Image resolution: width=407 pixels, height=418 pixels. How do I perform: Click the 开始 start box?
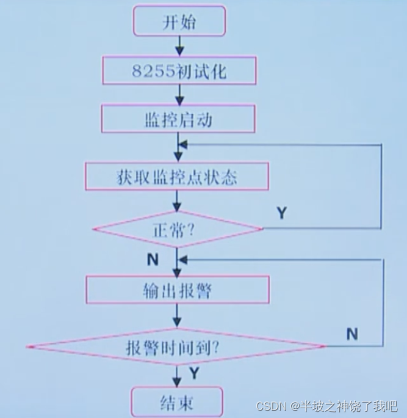(179, 23)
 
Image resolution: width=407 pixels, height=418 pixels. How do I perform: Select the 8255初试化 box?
(178, 71)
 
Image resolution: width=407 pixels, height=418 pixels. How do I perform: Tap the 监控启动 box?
(178, 119)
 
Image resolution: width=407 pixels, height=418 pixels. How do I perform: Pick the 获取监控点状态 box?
(176, 177)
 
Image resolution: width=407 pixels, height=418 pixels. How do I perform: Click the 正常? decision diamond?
(178, 230)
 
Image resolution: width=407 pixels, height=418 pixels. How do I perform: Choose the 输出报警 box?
(177, 290)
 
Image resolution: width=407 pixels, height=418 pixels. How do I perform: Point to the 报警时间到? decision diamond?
(176, 347)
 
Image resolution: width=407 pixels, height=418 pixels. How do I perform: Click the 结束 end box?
(177, 403)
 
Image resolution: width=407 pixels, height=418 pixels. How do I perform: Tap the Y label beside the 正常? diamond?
(281, 213)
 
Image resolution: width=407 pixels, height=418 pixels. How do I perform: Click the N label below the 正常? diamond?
(153, 259)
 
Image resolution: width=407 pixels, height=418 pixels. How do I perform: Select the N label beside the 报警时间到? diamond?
(352, 334)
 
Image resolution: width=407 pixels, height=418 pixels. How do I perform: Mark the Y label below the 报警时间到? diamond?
(194, 372)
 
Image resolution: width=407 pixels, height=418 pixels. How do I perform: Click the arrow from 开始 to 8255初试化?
(179, 46)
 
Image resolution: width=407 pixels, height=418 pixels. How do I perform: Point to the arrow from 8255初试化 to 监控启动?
(179, 94)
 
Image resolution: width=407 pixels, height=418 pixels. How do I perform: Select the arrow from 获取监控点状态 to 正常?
(178, 201)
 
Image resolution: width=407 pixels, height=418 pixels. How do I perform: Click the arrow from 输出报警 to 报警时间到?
(178, 315)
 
